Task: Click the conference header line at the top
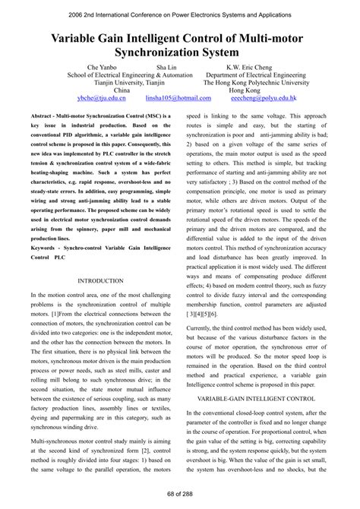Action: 180,14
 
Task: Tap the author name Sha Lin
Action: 167,67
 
